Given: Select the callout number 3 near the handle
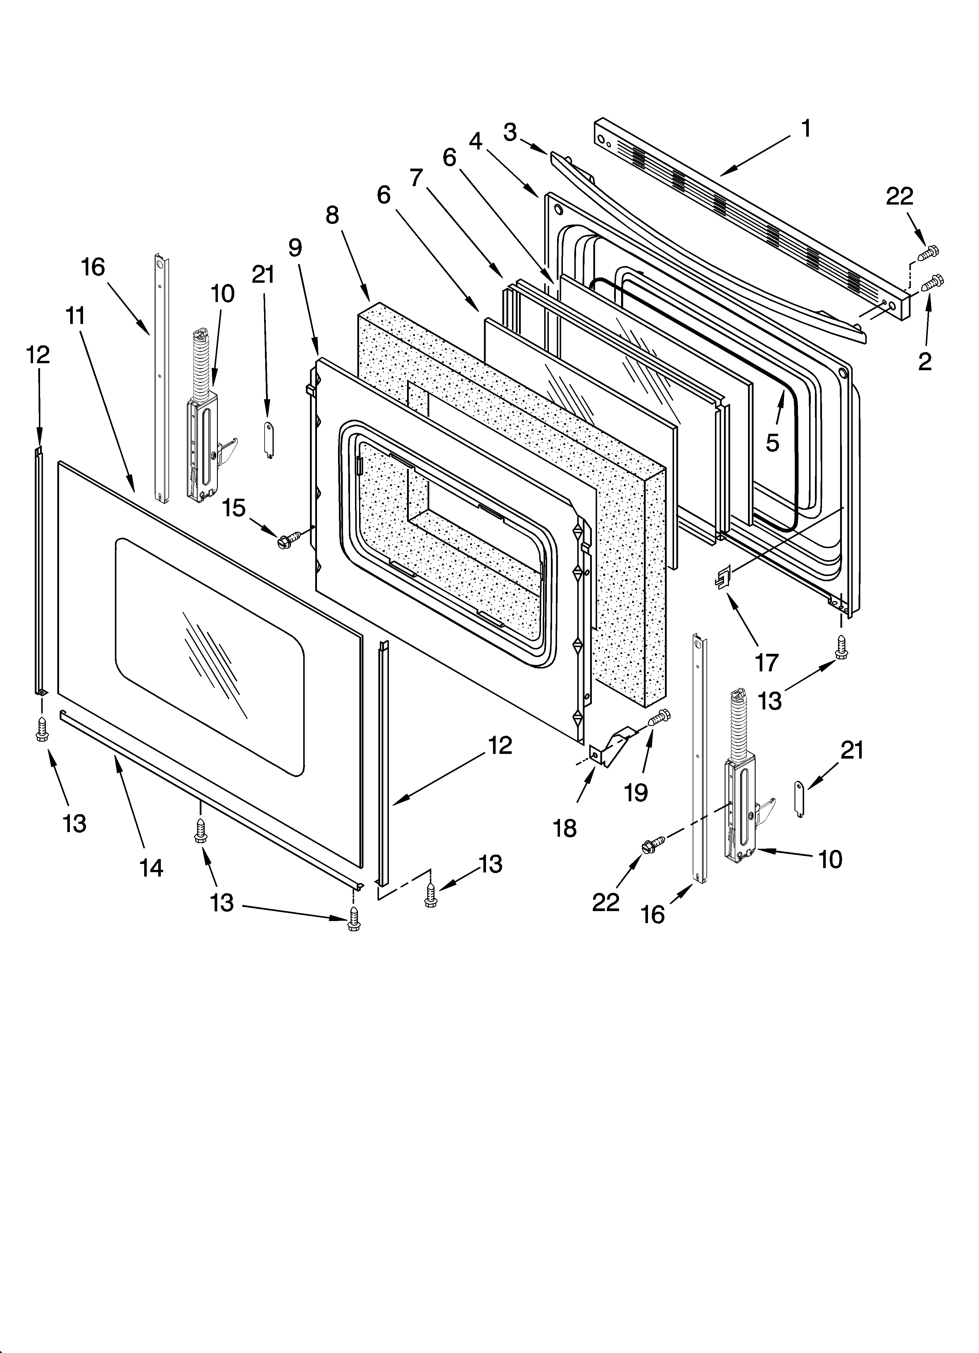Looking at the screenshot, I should pos(510,133).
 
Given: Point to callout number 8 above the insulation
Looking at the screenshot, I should pos(332,215).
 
